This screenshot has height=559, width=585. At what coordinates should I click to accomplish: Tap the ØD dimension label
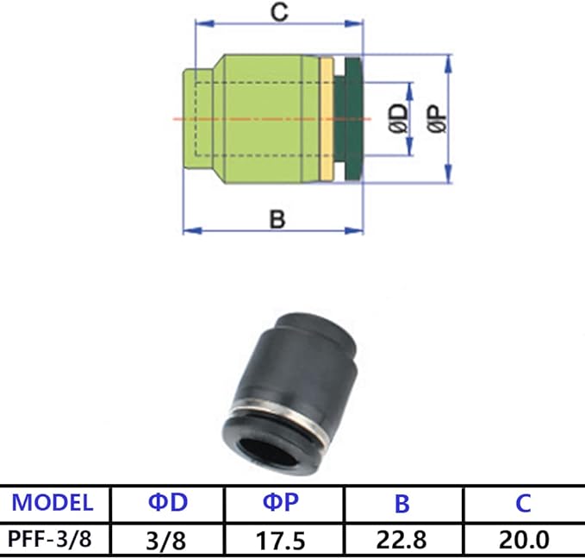(x=398, y=118)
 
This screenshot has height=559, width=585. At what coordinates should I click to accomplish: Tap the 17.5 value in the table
(x=283, y=541)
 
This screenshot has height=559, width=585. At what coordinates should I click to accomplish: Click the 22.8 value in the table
(x=403, y=541)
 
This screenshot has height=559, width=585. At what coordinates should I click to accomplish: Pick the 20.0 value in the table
(x=523, y=541)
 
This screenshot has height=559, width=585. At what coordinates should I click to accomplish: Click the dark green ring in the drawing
(x=350, y=118)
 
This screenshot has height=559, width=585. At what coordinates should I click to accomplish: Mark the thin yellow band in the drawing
(x=326, y=118)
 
